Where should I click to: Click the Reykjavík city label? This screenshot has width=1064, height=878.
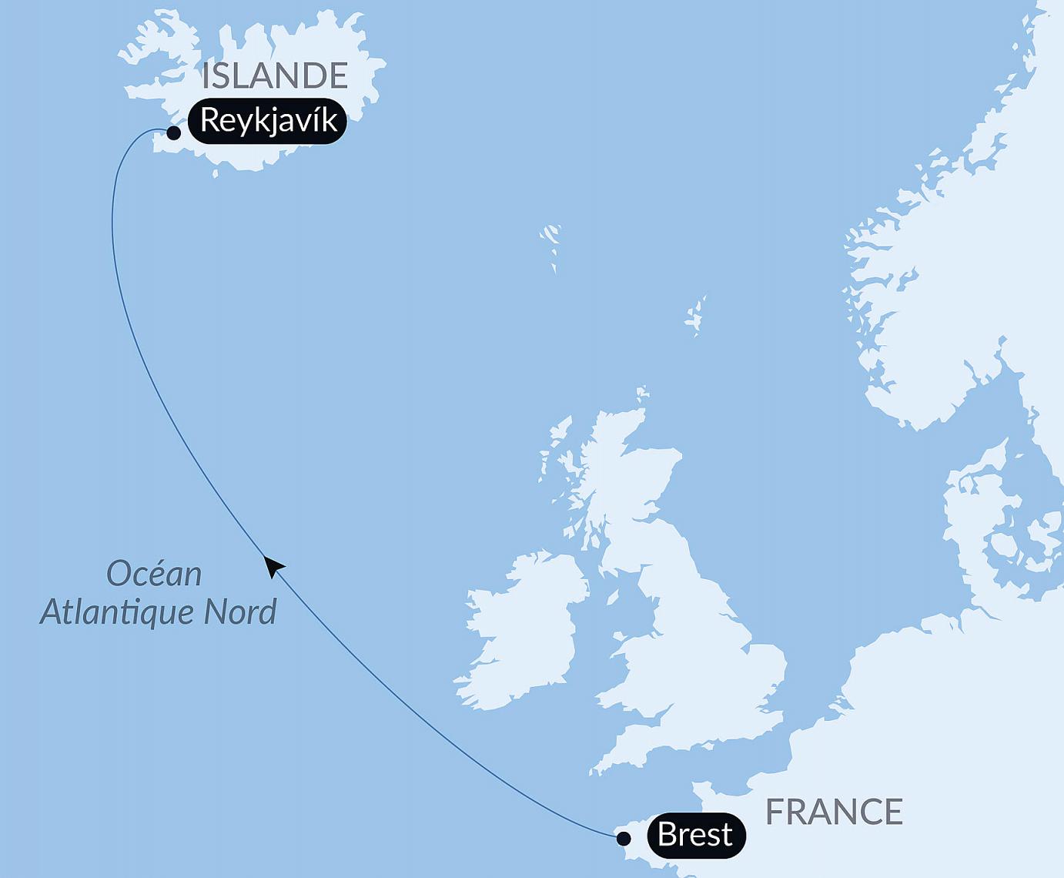[x=267, y=121]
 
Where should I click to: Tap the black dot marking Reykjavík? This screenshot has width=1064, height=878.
[x=174, y=133]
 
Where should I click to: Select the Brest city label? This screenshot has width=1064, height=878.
[x=696, y=835]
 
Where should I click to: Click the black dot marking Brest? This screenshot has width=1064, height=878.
[x=624, y=838]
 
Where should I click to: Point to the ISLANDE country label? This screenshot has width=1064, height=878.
[x=275, y=75]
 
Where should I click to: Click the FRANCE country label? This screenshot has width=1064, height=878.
[x=834, y=812]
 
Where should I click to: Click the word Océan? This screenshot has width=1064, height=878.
[x=154, y=574]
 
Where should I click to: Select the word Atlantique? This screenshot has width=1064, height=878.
[x=118, y=612]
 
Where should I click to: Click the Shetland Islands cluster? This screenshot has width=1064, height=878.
[x=696, y=317]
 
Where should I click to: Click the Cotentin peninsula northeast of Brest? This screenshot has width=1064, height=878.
[x=704, y=793]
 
